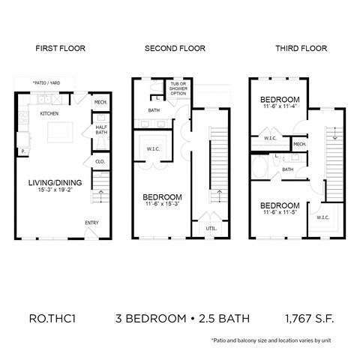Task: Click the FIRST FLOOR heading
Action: [x=61, y=49]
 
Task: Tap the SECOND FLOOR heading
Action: [x=175, y=49]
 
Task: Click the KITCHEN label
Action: [x=49, y=113]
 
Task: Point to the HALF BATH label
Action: [x=101, y=131]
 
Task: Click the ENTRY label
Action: [x=91, y=222]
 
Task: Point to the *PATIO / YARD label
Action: [x=46, y=82]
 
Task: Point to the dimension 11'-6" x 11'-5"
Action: [x=280, y=214]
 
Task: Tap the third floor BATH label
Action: [x=287, y=169]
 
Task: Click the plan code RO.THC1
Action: [x=52, y=319]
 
